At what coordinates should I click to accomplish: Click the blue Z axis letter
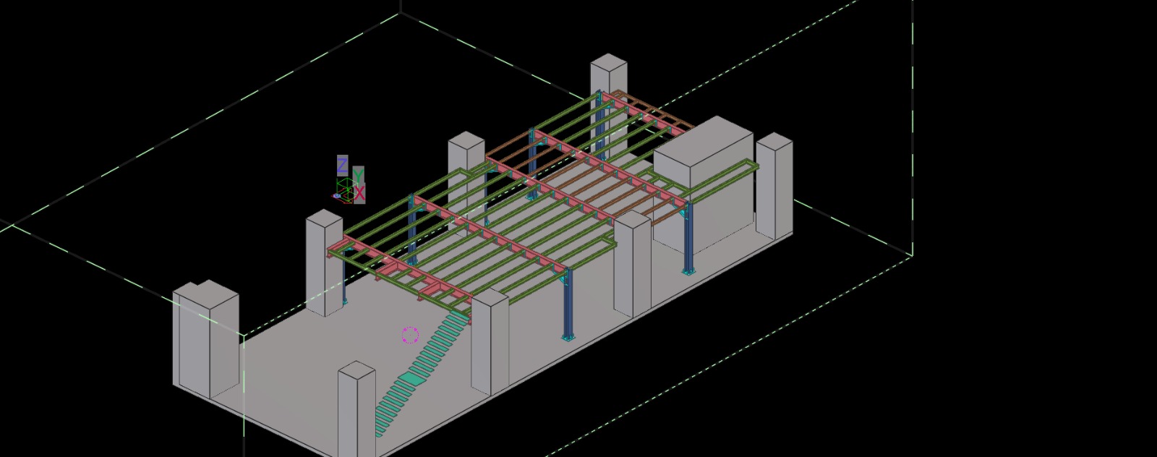point(342,166)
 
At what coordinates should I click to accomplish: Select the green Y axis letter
point(358,175)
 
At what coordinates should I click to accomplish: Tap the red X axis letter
point(359,194)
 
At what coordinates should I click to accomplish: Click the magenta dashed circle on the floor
point(410,335)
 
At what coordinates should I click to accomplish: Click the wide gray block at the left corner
point(205,338)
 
